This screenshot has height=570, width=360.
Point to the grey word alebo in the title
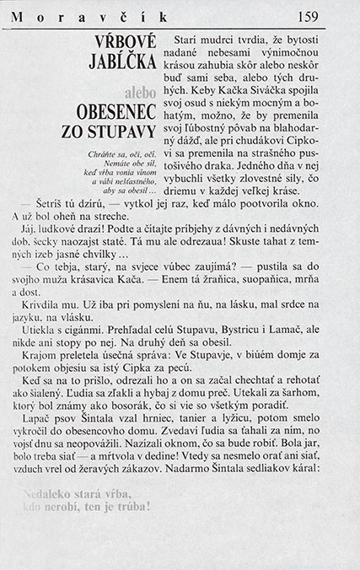[140, 90]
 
